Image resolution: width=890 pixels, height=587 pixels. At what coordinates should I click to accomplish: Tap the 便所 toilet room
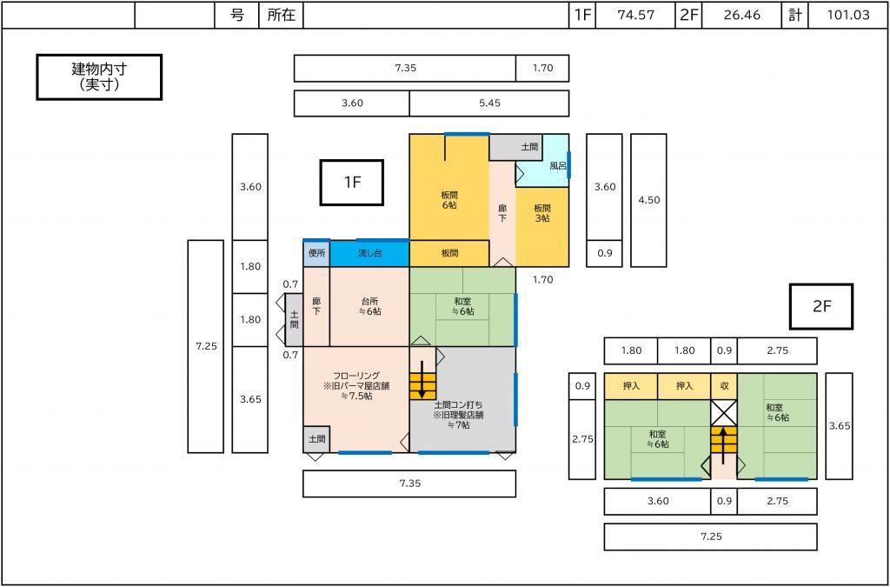[316, 254]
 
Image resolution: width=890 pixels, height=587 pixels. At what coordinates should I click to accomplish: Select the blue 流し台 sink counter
[369, 254]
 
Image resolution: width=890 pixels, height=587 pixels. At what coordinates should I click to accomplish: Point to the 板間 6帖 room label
[449, 200]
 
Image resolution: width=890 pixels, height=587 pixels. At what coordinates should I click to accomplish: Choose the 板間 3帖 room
[542, 227]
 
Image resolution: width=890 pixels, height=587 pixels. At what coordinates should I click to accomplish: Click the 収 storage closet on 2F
[724, 387]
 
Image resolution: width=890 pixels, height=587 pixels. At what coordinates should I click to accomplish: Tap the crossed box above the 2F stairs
[724, 413]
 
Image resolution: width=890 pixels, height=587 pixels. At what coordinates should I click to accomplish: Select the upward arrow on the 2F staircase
[724, 445]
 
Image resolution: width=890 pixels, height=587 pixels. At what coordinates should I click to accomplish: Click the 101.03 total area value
[848, 16]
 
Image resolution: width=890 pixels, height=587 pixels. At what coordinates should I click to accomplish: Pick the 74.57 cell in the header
[635, 16]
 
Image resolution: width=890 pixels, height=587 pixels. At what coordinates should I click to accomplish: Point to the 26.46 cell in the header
[742, 16]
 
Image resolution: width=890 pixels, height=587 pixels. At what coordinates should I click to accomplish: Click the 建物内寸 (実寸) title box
[99, 77]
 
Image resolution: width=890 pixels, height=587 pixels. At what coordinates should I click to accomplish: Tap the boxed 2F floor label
[821, 307]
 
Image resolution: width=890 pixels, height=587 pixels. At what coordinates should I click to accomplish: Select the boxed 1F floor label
[352, 183]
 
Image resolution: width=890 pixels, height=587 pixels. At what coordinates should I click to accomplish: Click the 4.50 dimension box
[648, 200]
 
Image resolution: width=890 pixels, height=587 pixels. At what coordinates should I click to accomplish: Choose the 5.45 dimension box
[488, 103]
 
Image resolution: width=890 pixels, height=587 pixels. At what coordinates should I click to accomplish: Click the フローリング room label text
[355, 386]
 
